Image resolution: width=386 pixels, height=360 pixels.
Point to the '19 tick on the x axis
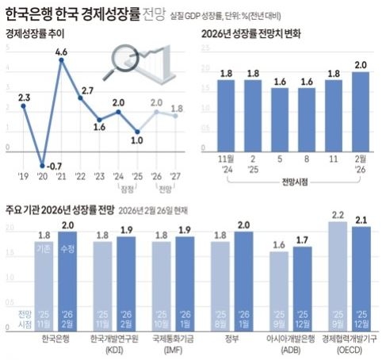tap(24, 175)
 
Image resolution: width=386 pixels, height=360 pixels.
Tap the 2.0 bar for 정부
tap(243, 278)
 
